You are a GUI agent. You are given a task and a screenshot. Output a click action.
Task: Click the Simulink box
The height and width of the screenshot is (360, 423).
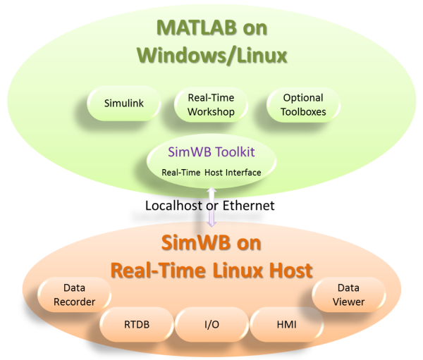123,104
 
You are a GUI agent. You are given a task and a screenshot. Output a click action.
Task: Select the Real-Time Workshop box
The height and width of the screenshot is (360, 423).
210,104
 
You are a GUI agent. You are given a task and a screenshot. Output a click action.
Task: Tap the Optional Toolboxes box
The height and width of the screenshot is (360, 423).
302,104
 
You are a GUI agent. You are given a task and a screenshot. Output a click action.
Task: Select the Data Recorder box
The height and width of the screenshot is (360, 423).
74,294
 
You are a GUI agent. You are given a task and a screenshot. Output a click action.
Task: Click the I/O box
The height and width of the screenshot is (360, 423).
210,324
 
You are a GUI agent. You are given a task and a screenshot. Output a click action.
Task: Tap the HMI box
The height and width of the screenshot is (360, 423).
286,324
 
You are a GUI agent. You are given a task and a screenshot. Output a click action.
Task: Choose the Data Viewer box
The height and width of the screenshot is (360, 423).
348,294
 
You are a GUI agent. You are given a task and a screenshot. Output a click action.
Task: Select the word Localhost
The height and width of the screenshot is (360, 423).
174,205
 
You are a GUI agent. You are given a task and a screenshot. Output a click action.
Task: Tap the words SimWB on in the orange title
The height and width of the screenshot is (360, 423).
211,244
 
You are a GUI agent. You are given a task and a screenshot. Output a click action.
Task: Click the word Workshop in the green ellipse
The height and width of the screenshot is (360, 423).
210,111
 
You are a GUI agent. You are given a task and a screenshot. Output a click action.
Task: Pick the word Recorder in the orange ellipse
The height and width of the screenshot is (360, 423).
74,301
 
